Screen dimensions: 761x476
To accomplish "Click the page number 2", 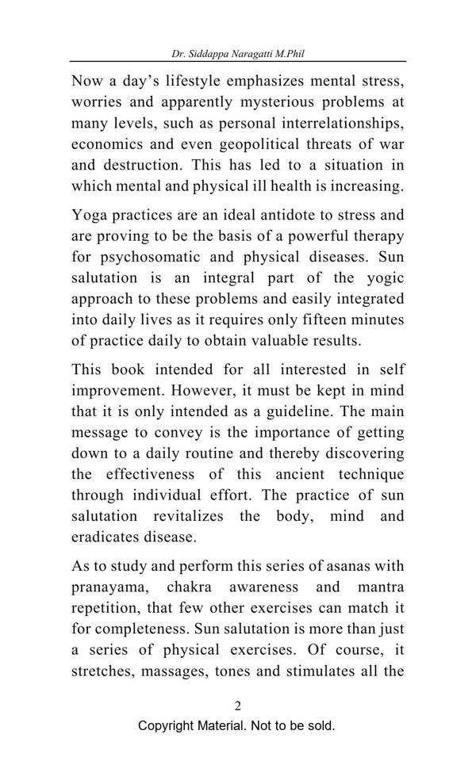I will click(237, 706).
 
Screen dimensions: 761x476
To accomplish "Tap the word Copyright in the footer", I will click(169, 725).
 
